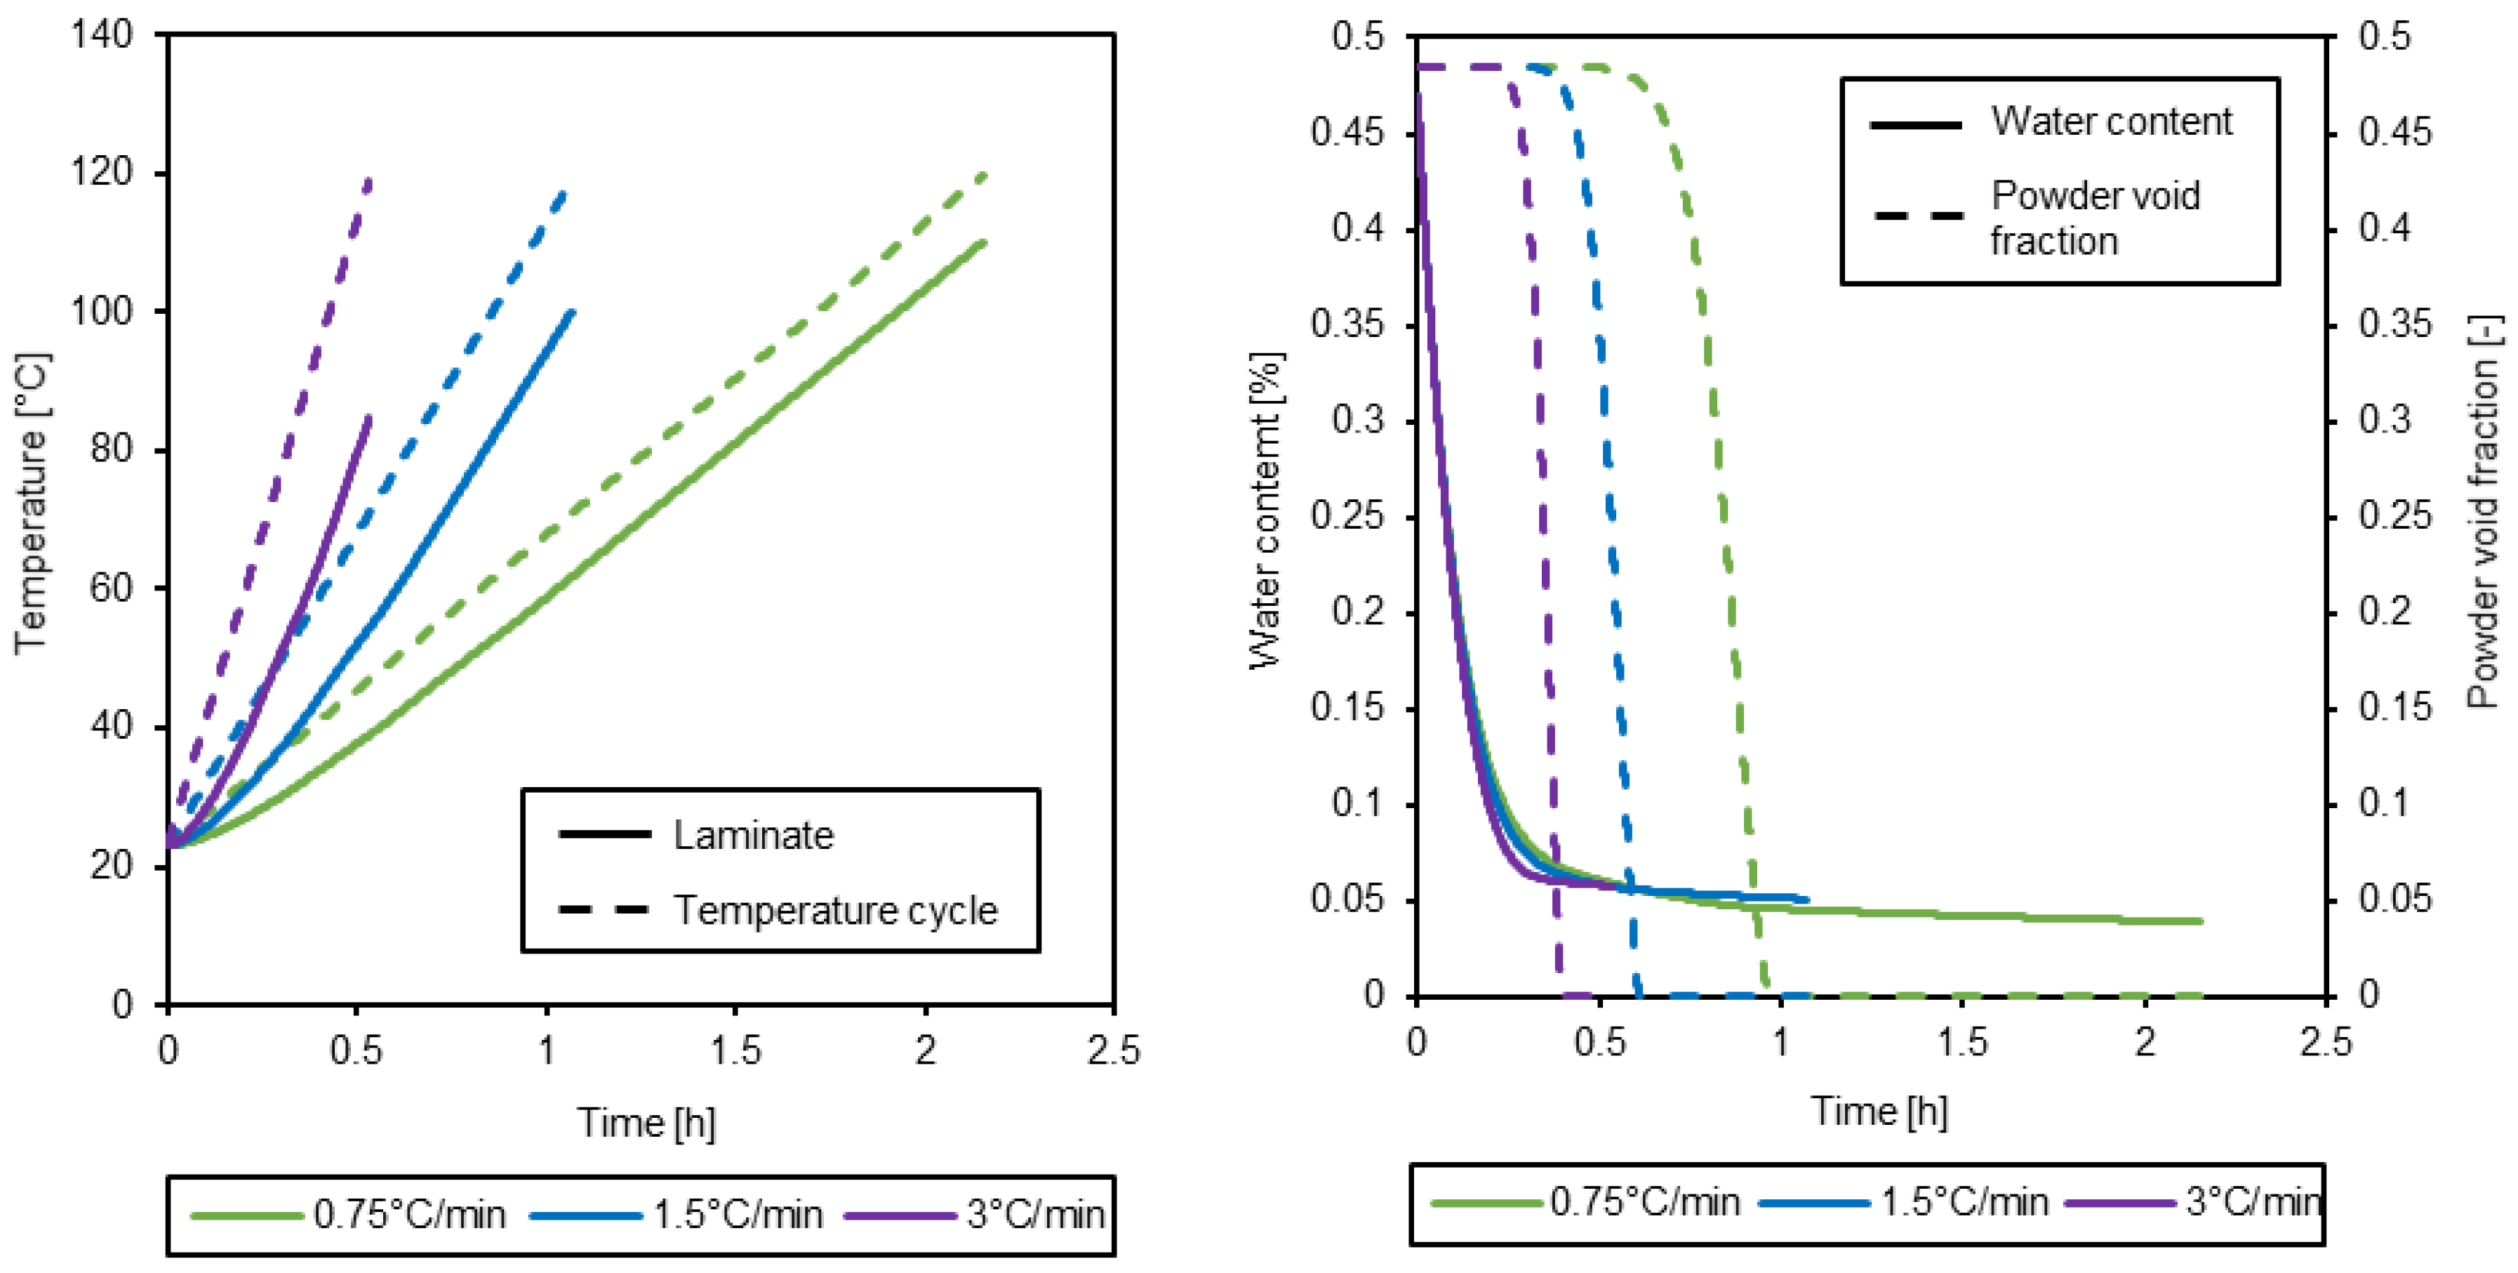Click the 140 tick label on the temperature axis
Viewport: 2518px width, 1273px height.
pos(102,35)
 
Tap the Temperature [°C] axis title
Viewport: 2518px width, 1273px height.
pos(32,503)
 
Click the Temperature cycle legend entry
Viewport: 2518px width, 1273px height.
pos(836,910)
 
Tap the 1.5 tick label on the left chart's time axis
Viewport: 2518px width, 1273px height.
pos(735,1051)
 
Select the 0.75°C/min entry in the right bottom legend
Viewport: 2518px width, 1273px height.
pos(1644,1201)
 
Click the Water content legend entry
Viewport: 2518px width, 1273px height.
pos(2112,121)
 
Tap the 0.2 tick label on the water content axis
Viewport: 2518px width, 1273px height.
pos(1358,612)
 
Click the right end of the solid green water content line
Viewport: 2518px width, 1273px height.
pos(2200,921)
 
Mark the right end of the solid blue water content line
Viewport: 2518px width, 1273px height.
pos(1806,899)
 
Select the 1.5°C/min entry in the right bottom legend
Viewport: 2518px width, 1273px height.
pos(1964,1201)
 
